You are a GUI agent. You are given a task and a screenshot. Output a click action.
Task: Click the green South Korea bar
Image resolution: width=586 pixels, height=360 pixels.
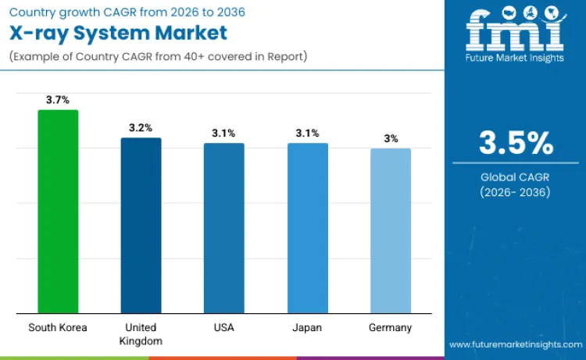click(58, 212)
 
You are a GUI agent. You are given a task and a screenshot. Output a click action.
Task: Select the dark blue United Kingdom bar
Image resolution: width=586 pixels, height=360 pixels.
click(141, 226)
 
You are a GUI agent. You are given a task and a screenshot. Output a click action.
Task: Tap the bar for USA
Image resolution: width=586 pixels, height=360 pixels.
click(223, 228)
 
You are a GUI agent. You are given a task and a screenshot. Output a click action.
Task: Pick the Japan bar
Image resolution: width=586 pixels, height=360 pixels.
click(307, 228)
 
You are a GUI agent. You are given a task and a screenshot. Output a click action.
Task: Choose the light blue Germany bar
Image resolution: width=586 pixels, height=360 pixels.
click(390, 231)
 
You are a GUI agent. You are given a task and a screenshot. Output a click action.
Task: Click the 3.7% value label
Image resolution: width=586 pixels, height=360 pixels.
click(58, 100)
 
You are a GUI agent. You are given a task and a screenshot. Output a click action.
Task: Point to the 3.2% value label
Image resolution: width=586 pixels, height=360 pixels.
click(141, 127)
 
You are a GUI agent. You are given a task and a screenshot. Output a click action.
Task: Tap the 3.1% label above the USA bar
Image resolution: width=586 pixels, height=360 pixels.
click(223, 133)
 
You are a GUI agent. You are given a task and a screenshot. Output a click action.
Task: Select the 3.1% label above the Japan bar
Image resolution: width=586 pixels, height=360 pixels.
click(307, 133)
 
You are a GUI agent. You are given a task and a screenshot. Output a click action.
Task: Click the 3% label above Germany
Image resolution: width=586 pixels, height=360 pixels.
click(391, 138)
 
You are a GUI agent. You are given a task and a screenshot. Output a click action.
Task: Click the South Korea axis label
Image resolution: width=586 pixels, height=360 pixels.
click(58, 327)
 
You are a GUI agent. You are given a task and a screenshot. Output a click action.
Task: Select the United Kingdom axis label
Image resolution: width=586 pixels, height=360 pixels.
click(141, 333)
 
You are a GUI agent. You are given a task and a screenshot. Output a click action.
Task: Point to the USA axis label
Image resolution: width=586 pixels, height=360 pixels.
click(223, 327)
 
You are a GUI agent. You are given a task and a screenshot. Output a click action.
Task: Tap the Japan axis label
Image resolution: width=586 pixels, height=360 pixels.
click(307, 327)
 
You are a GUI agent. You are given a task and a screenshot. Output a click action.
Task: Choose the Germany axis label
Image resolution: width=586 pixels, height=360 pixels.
click(390, 327)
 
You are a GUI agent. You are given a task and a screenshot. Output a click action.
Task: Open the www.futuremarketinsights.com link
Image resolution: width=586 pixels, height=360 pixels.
click(515, 344)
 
